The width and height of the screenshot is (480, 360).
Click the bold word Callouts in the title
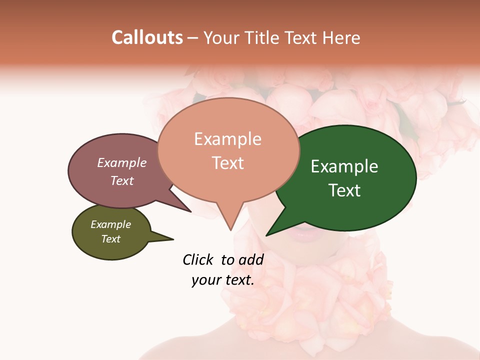pos(147,37)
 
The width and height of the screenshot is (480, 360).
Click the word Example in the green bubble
pos(344,166)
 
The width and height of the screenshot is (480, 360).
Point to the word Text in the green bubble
pos(344,190)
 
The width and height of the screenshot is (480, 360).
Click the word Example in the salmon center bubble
pos(227,139)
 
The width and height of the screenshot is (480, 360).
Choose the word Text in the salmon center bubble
pos(227,163)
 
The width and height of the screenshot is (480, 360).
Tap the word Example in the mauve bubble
pos(122,162)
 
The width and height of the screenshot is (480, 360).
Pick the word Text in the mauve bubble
pos(122,180)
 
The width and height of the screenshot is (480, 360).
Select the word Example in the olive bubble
pos(110,224)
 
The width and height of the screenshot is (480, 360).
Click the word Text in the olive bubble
pos(110,239)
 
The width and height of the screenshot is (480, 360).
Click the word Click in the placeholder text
pos(198,259)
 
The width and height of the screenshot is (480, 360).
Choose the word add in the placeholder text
pos(251,259)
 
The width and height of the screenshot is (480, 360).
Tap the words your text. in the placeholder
pos(222,280)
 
